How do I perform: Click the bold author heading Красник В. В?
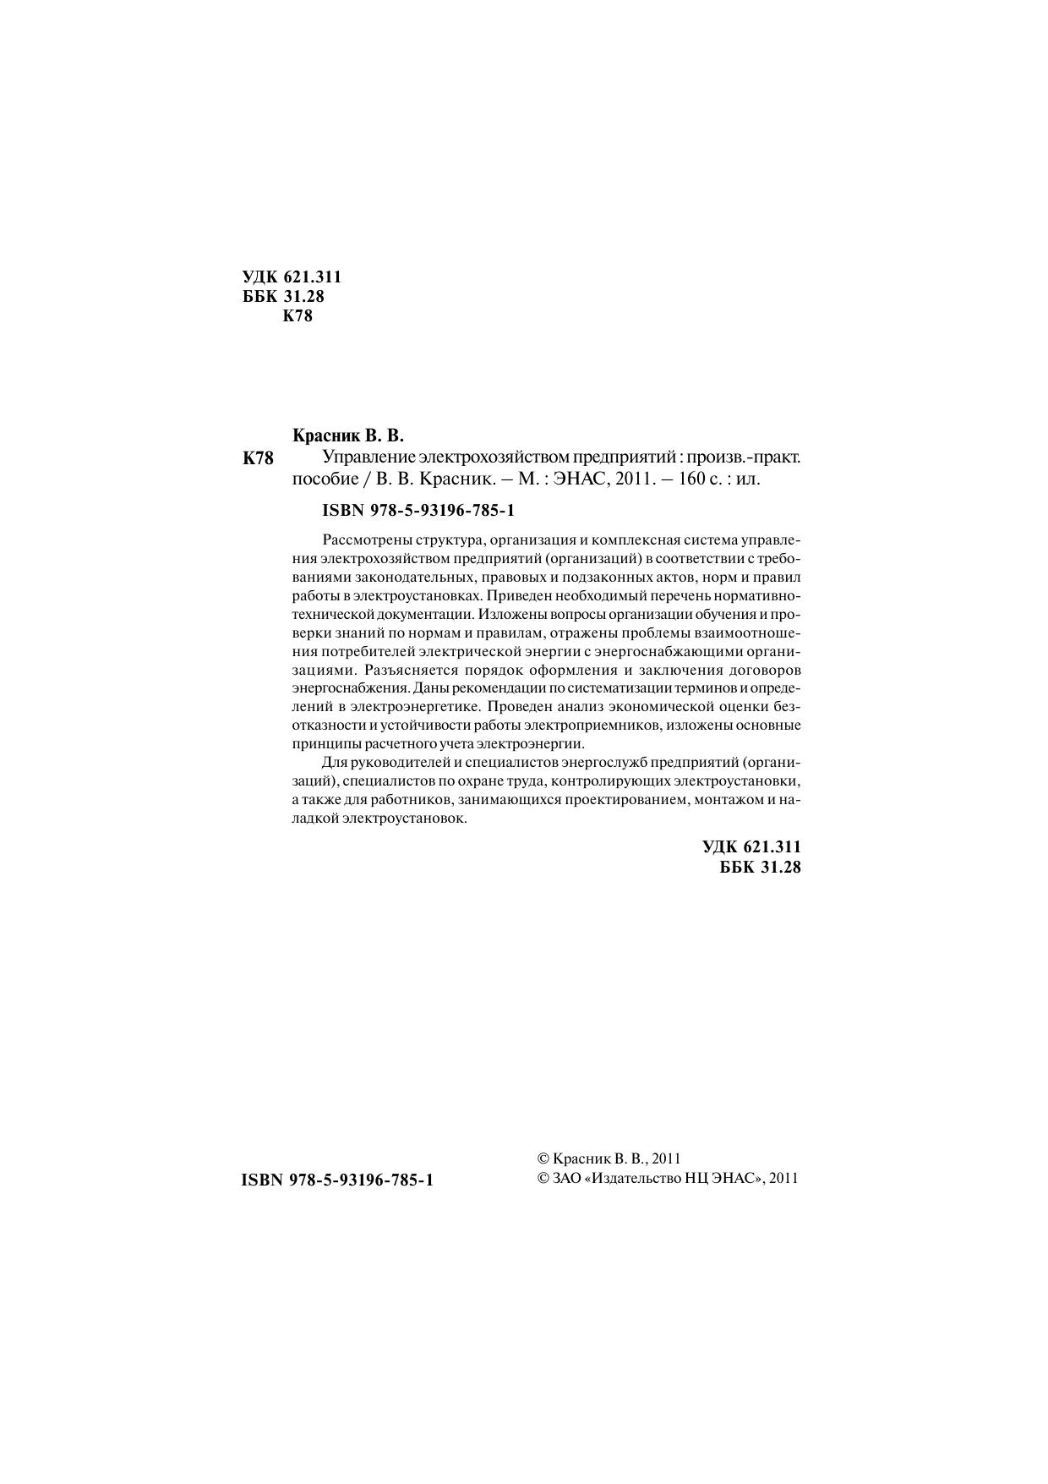[348, 436]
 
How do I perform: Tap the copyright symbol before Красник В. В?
[544, 1159]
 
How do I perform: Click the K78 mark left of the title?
[258, 459]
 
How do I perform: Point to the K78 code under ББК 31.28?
[297, 317]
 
